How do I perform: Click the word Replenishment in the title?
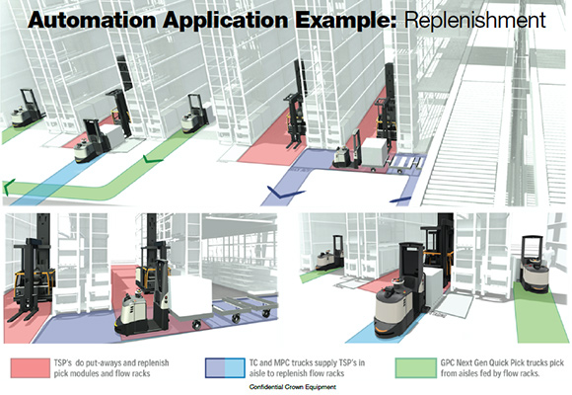[x=475, y=20]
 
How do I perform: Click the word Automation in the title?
[x=92, y=20]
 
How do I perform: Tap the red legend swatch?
[x=31, y=368]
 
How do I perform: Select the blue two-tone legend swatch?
[x=225, y=368]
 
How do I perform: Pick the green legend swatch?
[x=415, y=368]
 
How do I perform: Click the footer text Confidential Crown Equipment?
[x=293, y=387]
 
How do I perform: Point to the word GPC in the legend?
[x=449, y=362]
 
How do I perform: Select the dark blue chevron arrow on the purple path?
[x=285, y=193]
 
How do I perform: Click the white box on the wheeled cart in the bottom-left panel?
[x=190, y=295]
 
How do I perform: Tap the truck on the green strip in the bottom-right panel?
[x=534, y=265]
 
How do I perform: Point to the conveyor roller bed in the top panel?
[x=461, y=143]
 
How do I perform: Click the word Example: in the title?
[x=346, y=20]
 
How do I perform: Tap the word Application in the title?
[x=226, y=20]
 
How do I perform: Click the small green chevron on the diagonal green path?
[x=153, y=159]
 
